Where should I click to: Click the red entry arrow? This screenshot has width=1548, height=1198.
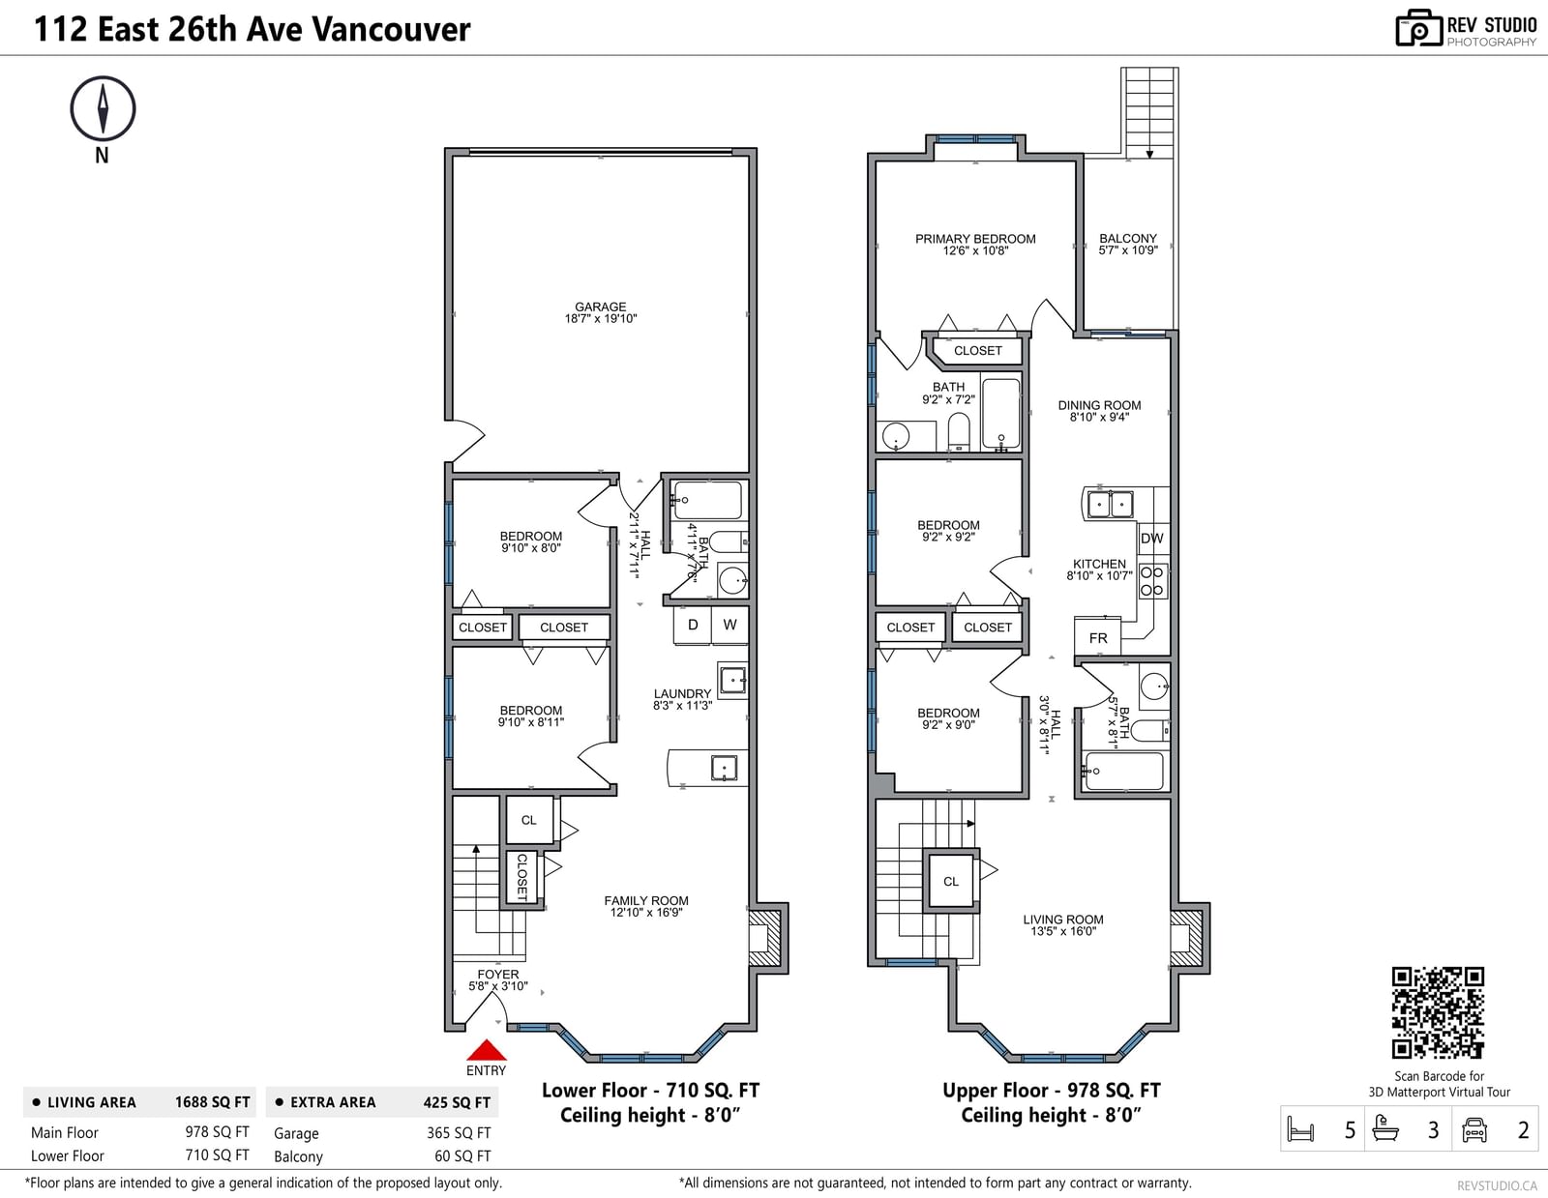tap(486, 1050)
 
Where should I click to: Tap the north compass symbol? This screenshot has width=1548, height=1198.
tap(103, 108)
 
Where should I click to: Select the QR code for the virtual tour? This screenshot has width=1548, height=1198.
tap(1439, 1012)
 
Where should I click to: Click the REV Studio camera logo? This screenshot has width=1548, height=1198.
tap(1417, 28)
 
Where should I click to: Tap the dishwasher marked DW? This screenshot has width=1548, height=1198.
tap(1152, 539)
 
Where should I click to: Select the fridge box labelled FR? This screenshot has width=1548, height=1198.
tap(1097, 637)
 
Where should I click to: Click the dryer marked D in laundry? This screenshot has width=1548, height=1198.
tap(693, 625)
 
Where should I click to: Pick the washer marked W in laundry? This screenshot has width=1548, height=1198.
tap(729, 625)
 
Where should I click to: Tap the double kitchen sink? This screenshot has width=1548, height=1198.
tap(1109, 504)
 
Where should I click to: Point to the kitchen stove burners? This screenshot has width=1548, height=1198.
tap(1152, 581)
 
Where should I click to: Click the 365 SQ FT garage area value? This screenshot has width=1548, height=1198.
tap(459, 1132)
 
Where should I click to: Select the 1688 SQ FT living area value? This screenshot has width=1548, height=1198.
tap(212, 1102)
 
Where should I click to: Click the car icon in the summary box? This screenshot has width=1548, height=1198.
tap(1474, 1129)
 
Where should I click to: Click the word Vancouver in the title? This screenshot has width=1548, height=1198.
tap(391, 29)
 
